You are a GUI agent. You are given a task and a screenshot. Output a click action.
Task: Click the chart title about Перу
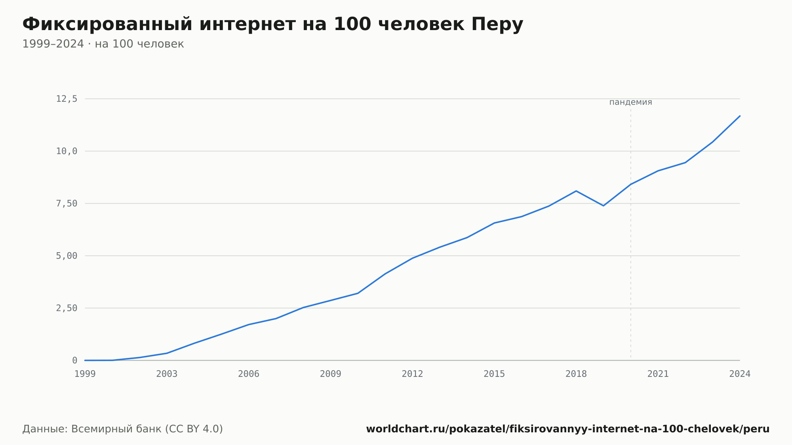[x=273, y=24]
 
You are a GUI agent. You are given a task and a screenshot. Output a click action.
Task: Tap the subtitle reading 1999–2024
[x=103, y=44]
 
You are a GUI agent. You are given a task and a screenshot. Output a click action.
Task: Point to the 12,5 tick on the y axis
[x=67, y=99]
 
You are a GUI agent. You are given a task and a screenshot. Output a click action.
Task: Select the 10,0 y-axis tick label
[x=67, y=151]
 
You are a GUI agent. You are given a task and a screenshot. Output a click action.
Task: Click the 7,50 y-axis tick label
[x=67, y=203]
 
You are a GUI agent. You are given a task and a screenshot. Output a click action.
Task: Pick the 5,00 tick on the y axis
[x=67, y=256]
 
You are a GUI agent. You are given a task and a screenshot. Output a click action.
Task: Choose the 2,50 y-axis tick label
[x=67, y=308]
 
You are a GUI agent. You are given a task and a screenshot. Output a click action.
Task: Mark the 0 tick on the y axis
[x=74, y=360]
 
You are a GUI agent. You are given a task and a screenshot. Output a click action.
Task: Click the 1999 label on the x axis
[x=85, y=374]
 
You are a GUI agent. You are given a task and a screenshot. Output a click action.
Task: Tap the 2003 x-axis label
[x=167, y=374]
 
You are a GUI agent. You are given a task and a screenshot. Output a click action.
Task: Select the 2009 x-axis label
[x=331, y=374]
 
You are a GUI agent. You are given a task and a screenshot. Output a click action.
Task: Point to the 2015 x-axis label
[x=494, y=374]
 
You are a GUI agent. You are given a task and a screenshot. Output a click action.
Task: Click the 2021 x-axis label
[x=658, y=374]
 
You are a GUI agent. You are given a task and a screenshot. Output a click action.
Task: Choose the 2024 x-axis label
[x=740, y=374]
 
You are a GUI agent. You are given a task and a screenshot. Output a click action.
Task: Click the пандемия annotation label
[x=630, y=102]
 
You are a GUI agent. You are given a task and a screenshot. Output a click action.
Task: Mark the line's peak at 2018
[x=576, y=191]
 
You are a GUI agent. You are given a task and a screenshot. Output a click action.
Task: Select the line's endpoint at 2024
[x=740, y=116]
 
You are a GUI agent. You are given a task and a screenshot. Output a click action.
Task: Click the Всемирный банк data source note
[x=123, y=429]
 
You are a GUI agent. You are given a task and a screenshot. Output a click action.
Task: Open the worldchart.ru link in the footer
[x=568, y=429]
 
